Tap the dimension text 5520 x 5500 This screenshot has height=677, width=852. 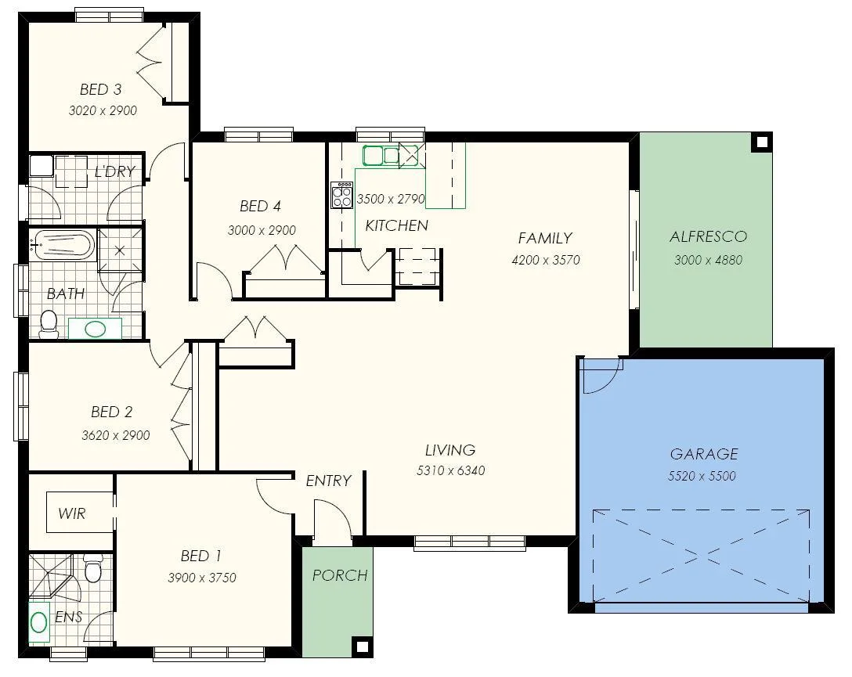(703, 476)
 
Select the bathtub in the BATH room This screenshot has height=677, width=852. (63, 244)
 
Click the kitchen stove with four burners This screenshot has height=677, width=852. (342, 195)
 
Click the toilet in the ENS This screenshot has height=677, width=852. (92, 569)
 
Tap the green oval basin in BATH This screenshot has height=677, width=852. (96, 329)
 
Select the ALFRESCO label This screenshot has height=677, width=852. (708, 236)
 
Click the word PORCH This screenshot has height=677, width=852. (340, 575)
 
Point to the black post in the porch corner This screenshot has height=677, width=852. (361, 646)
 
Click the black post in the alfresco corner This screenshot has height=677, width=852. (760, 142)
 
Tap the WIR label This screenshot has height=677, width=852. (72, 514)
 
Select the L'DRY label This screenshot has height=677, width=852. (114, 171)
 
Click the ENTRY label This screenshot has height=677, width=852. (328, 481)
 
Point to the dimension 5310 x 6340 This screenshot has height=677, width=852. (450, 471)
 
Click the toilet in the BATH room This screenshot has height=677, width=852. (49, 323)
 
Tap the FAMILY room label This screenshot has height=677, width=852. (545, 238)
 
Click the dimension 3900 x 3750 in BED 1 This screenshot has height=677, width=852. (201, 578)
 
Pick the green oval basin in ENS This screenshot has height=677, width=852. (38, 622)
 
